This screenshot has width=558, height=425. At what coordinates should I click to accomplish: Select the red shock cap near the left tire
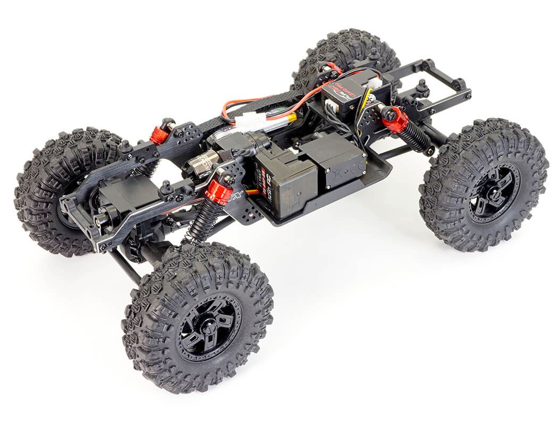(159, 135)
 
